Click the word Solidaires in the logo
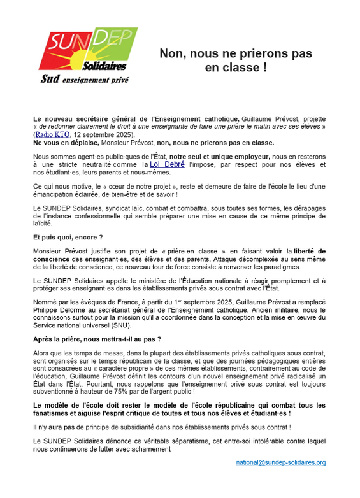click(x=105, y=66)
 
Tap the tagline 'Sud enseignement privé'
click(x=84, y=80)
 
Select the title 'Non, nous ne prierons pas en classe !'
click(x=235, y=60)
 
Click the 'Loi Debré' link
click(x=167, y=164)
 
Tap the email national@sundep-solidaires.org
click(x=280, y=462)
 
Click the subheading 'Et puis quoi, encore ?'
click(x=66, y=236)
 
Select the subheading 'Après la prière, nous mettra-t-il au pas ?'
click(x=97, y=339)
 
